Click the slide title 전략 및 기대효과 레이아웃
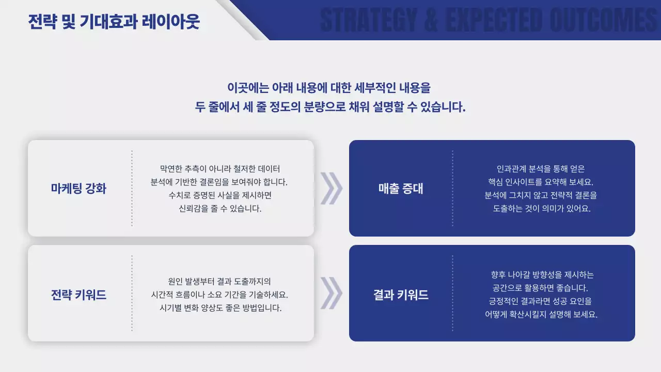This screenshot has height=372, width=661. pos(114,22)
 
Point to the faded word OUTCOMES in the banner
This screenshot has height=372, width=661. pos(604,21)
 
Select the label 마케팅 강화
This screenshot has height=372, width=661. pos(78,189)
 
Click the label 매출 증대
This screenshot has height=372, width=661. pos(401,189)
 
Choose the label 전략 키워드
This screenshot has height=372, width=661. pos(78,295)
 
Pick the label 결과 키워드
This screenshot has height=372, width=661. pos(401,295)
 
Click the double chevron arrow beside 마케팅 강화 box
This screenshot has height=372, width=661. pos(331,188)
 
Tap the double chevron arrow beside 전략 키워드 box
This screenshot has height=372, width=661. pos(331,293)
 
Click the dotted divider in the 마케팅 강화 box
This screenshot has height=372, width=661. pos(132,188)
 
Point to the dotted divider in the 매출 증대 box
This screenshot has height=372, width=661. pos(453,188)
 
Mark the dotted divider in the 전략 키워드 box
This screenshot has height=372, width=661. pos(132,293)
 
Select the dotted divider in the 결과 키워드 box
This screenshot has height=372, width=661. pos(453,293)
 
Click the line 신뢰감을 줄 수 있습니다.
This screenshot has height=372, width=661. pos(220,209)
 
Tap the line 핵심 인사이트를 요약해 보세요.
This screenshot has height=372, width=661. pos(541,182)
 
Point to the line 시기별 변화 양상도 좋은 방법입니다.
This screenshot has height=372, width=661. pos(220,308)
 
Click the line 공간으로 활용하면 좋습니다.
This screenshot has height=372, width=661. pos(541,288)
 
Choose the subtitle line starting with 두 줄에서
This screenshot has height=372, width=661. pos(330,107)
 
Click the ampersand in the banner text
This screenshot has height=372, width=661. pos(433,21)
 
